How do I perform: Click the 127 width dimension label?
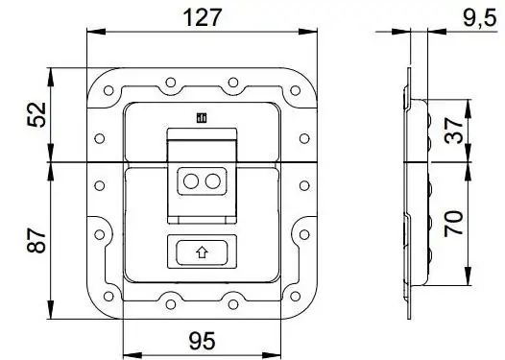tap(203, 17)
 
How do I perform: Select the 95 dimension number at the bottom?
tap(203, 341)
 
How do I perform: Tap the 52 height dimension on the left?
tap(36, 114)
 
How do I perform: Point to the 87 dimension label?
tap(36, 241)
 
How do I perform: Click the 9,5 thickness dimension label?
tap(480, 18)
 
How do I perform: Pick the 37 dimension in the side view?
tap(453, 131)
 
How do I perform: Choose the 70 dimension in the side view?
tap(453, 224)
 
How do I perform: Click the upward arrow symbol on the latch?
tap(202, 252)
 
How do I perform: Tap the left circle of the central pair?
tap(191, 181)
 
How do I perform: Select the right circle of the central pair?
tap(212, 181)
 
